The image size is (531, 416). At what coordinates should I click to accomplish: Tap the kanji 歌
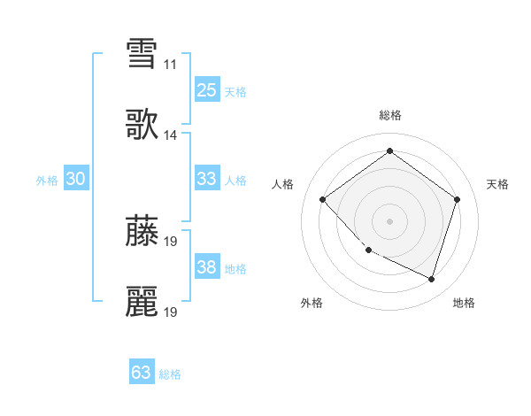(142, 125)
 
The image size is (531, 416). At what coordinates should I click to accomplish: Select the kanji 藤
(142, 229)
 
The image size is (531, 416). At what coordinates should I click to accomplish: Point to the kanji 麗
(142, 302)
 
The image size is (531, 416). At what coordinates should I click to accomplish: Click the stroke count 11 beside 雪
(170, 64)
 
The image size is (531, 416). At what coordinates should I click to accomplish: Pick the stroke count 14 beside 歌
(170, 135)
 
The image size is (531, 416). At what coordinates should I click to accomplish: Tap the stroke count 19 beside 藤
(170, 240)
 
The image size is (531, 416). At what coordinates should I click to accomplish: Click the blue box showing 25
(206, 90)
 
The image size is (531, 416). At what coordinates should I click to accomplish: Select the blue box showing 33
(206, 179)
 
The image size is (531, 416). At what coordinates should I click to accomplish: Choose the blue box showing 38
(206, 267)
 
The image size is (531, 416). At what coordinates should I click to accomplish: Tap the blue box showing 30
(75, 179)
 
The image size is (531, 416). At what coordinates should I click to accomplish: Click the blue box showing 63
(141, 373)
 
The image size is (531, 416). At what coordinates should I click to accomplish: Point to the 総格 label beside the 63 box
(170, 374)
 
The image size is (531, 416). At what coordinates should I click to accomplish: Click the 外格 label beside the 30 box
(47, 181)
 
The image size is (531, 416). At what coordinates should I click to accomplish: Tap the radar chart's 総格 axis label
(390, 115)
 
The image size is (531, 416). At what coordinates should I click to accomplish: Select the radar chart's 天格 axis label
(498, 184)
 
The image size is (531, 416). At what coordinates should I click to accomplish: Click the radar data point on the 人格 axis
(323, 200)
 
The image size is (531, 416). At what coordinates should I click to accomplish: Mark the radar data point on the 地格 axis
(432, 280)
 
